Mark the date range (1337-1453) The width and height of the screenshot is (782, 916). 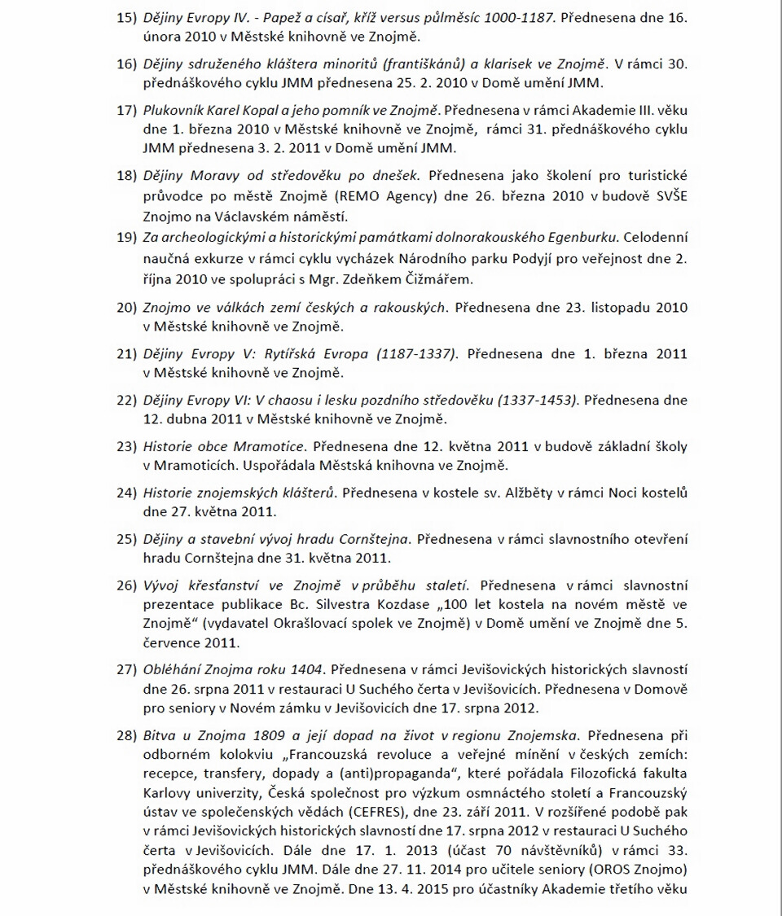coord(529,401)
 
